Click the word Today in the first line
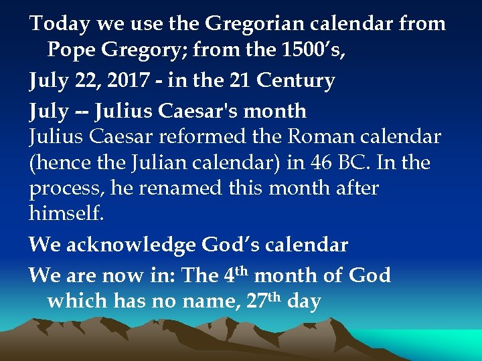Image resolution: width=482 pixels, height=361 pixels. (x=59, y=24)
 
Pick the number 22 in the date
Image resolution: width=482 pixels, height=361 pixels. (x=86, y=81)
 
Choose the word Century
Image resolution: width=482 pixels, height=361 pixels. (x=295, y=81)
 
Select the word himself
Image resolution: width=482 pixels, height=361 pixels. (x=65, y=214)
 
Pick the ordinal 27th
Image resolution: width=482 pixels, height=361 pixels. (x=264, y=301)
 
